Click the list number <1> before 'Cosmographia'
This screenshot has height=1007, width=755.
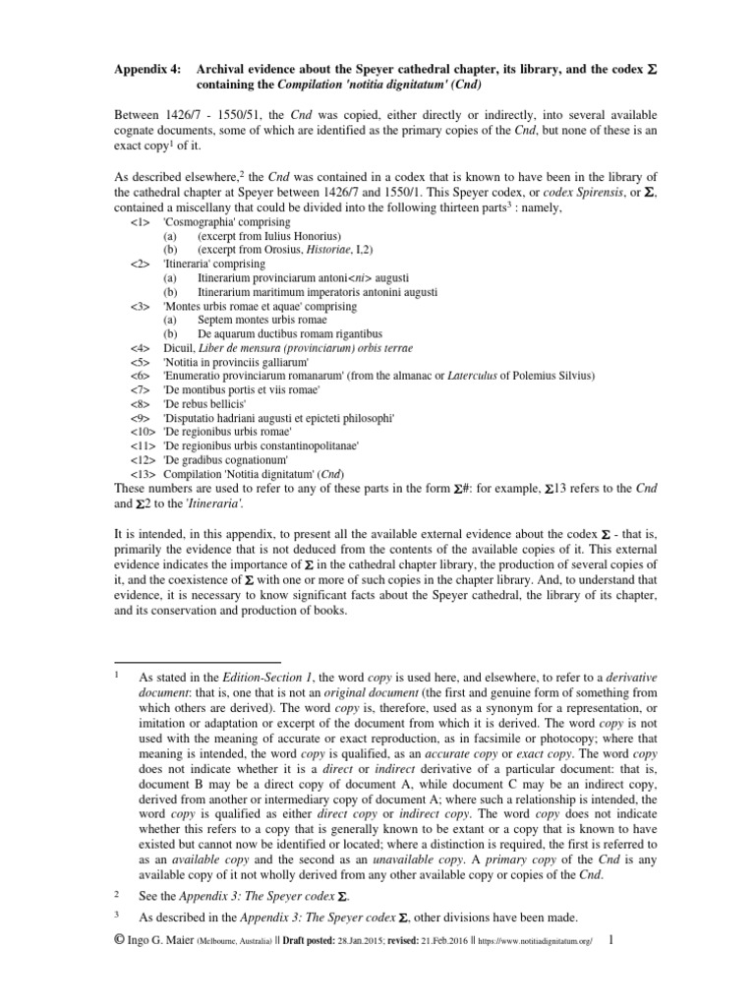pos(142,223)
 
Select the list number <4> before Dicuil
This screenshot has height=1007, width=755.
pos(142,348)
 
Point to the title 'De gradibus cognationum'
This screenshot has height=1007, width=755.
pos(226,459)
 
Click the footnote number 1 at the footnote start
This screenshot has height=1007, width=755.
pos(116,678)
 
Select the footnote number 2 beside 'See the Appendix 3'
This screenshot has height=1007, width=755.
pos(116,893)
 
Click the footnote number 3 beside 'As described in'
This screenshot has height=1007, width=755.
pos(116,917)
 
